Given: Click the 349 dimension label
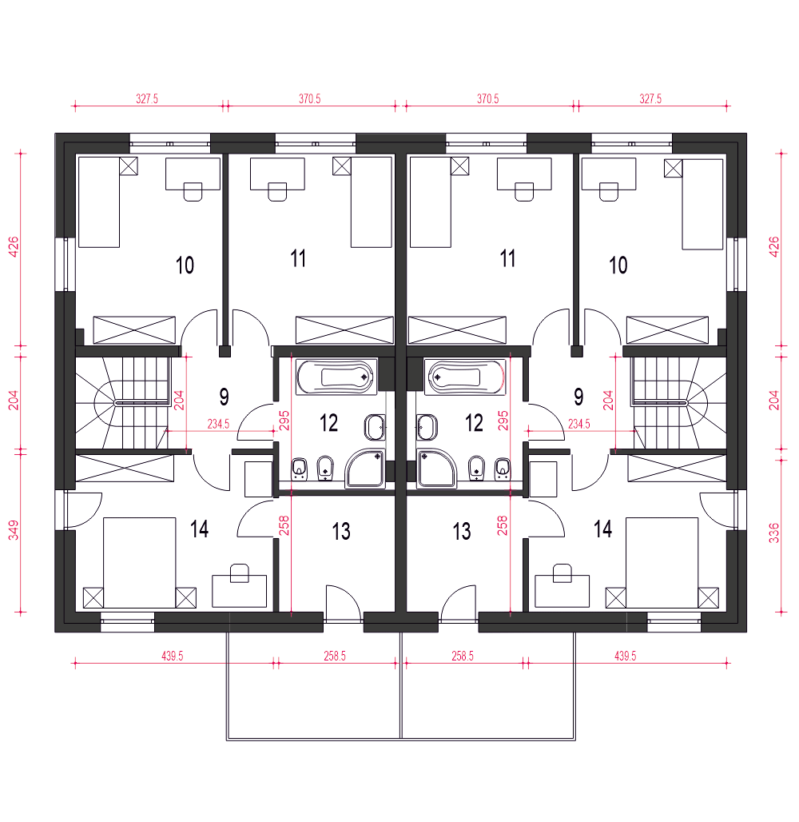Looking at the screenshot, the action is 14,530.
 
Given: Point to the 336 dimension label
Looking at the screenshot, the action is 774,533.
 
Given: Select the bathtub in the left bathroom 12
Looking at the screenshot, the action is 336,377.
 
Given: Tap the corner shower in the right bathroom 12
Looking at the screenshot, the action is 438,469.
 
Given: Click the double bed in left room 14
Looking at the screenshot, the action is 139,563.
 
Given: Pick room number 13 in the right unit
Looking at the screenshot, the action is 462,532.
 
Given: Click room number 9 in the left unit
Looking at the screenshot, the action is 224,397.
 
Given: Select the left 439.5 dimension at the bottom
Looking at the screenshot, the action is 173,656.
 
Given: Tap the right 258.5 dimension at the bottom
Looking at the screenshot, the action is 463,656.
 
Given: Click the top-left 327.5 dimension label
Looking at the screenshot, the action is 147,98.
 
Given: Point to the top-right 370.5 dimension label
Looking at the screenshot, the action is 487,98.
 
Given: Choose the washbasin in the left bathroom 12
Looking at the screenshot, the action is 375,427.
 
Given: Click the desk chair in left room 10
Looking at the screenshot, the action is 193,191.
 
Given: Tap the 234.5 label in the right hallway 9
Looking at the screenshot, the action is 579,424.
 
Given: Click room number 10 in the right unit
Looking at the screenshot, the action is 618,265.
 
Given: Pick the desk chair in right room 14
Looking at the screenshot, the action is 562,573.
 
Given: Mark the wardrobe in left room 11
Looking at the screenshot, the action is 344,329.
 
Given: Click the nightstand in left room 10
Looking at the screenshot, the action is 129,166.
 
